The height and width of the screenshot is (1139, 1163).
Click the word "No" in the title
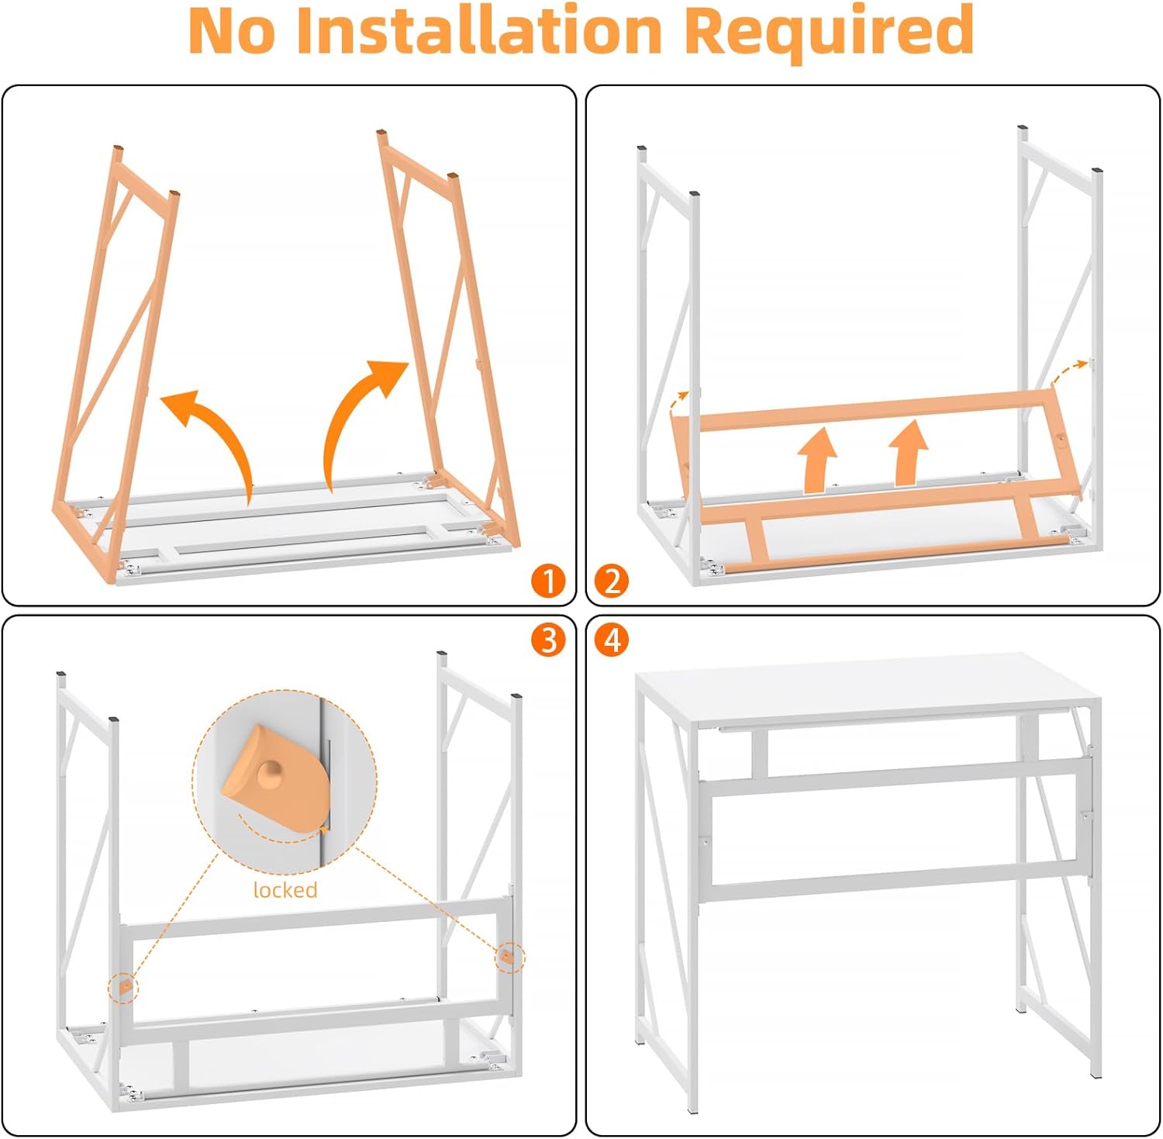pos(232,30)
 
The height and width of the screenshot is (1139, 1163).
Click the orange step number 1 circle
pos(548,581)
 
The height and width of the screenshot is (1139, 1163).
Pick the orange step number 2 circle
pos(612,581)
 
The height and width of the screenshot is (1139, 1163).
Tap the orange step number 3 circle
pos(548,640)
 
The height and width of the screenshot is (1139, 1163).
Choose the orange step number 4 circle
pos(612,640)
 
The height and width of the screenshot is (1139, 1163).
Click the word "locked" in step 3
pos(285,889)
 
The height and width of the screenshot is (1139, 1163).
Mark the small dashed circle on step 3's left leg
pos(123,987)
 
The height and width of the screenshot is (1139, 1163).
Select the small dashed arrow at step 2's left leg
pos(679,403)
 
